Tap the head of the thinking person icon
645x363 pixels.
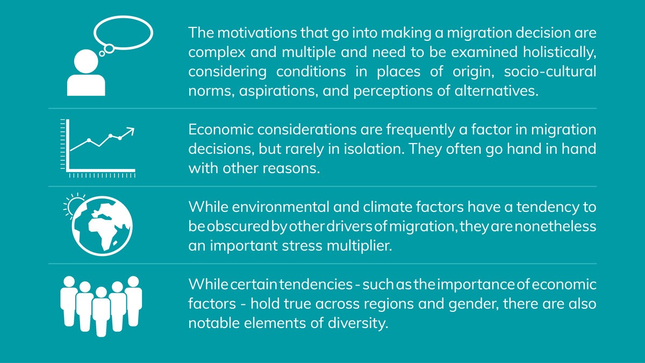(86, 61)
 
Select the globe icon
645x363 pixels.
(102, 226)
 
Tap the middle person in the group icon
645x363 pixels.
(101, 311)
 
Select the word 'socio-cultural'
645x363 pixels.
(550, 72)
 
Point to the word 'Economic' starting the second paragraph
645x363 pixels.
(220, 130)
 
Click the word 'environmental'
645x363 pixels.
(280, 207)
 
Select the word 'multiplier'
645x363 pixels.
(360, 246)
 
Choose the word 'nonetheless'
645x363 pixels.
(555, 226)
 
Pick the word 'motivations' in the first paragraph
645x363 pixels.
(257, 33)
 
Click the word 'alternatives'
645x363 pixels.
(497, 91)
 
